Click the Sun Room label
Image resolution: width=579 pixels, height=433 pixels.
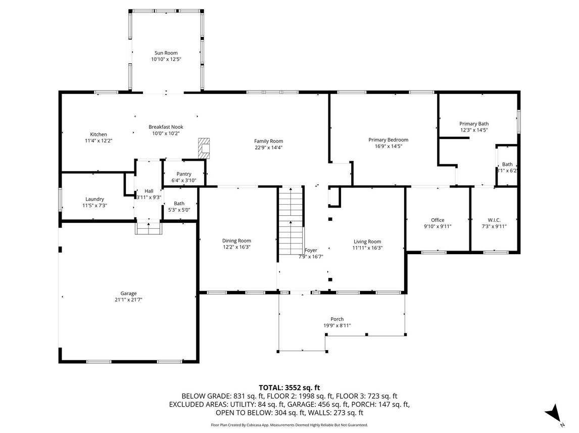pos(166,53)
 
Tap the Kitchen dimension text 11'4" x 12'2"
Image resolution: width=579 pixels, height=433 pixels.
pos(99,140)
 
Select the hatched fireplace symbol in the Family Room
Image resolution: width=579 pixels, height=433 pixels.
pos(204,149)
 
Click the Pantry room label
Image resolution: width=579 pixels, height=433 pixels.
pos(184,174)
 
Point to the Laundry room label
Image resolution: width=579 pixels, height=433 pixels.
pos(94,199)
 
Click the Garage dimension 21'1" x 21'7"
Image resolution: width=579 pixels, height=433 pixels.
pos(128,300)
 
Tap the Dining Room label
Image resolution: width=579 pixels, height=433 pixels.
pos(236,240)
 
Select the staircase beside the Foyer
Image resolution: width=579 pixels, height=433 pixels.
pos(291,220)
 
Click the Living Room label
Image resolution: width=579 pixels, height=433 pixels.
pos(367,242)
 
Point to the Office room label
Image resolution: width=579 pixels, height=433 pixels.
pos(438,220)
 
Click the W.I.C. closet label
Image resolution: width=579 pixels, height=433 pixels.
pos(494,220)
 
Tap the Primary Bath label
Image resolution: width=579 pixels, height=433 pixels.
pos(474,124)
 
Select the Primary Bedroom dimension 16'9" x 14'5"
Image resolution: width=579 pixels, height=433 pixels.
pos(389,146)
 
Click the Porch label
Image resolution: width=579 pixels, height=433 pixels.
pos(337,319)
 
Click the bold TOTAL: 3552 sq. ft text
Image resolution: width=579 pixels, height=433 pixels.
pos(289,388)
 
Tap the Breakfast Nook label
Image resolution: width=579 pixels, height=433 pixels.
pos(166,127)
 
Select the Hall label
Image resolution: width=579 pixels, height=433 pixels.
pos(149,191)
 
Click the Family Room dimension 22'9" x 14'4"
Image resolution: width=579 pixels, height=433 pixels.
pos(268,148)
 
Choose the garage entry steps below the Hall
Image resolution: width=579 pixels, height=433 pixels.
pos(149,227)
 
